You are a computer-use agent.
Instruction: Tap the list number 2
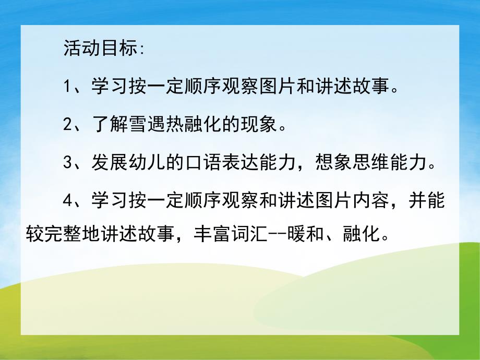[x=68, y=125]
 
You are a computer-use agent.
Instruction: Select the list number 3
[x=68, y=164]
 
